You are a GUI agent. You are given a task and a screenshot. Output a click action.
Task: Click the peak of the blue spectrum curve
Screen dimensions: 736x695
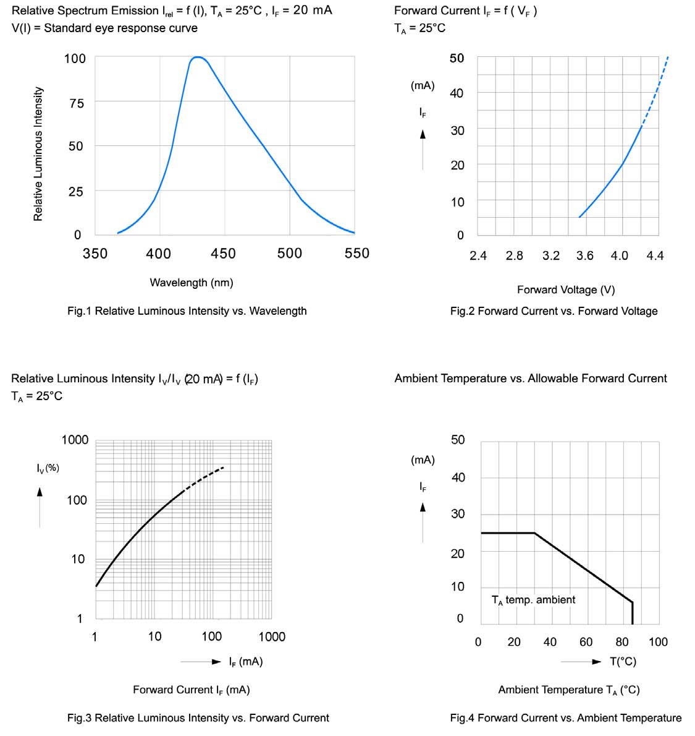click(198, 58)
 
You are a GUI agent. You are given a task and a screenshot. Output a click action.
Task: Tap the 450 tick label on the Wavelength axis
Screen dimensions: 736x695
click(223, 254)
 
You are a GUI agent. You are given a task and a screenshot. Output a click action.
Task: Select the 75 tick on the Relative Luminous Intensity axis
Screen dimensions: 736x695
click(76, 103)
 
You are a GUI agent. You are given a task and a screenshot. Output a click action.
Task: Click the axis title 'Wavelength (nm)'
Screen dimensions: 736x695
click(192, 283)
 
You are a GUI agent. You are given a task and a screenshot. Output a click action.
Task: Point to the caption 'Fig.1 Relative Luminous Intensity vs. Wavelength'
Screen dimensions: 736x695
click(187, 311)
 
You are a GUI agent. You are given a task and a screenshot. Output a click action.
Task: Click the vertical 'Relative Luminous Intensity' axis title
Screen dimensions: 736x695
click(38, 153)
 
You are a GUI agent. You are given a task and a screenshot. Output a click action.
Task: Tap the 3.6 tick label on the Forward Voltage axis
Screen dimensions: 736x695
click(584, 256)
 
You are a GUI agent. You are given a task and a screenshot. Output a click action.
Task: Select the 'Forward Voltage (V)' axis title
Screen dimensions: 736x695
click(566, 289)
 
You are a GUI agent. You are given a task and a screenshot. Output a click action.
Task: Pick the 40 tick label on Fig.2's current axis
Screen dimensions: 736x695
click(457, 93)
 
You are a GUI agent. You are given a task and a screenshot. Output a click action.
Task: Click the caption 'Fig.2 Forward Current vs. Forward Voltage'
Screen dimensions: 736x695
click(554, 311)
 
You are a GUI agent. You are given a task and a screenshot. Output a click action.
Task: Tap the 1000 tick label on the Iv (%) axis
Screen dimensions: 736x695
click(75, 440)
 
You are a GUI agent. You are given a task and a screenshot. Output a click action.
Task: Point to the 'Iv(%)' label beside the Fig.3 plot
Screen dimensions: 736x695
click(48, 468)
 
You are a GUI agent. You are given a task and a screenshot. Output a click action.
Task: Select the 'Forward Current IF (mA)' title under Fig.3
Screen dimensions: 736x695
click(192, 690)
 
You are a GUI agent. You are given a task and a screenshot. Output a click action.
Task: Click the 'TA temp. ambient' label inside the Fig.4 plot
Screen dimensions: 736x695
click(533, 600)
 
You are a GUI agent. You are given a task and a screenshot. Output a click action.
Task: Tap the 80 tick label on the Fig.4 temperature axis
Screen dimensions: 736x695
click(622, 642)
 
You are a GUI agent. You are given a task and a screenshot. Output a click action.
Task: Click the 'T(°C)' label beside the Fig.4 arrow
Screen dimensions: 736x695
click(623, 662)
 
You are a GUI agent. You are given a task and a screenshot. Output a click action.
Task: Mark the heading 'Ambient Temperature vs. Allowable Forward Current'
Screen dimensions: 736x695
click(531, 379)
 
